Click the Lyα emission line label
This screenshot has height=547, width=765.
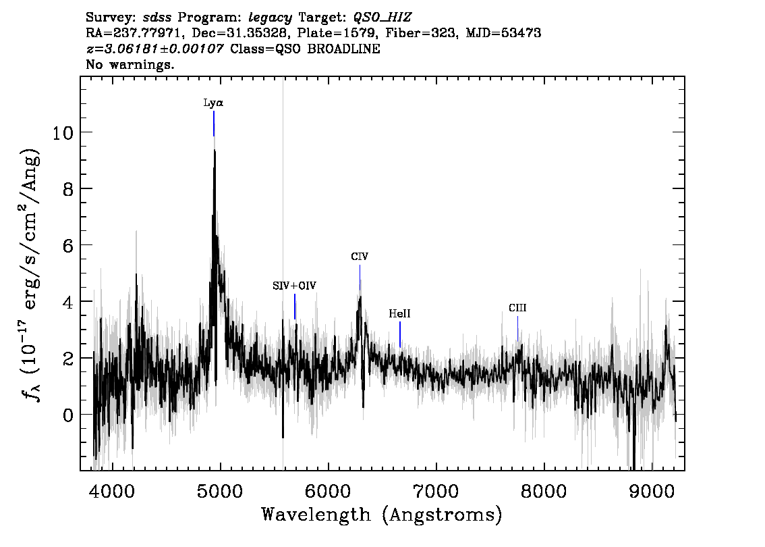click(x=213, y=103)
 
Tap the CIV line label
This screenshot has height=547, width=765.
click(x=360, y=257)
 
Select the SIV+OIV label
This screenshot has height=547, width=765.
click(x=294, y=286)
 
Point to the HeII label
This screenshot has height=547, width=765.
click(x=399, y=313)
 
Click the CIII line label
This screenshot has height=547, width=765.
click(x=517, y=308)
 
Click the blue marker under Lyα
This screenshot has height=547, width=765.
click(x=214, y=124)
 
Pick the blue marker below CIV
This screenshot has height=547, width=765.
click(x=360, y=278)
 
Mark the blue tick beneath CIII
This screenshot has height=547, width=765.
click(x=517, y=329)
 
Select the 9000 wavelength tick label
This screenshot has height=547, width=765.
click(x=652, y=491)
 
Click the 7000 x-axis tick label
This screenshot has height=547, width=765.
click(x=436, y=491)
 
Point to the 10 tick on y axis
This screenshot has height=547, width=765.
click(x=63, y=132)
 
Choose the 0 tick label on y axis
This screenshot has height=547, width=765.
click(x=68, y=415)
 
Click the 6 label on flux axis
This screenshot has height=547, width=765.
click(x=68, y=245)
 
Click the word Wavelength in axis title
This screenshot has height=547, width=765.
click(x=316, y=515)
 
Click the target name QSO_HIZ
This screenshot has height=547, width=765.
click(x=382, y=18)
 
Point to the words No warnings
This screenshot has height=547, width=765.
click(x=130, y=64)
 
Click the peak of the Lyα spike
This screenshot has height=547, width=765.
click(x=214, y=151)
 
